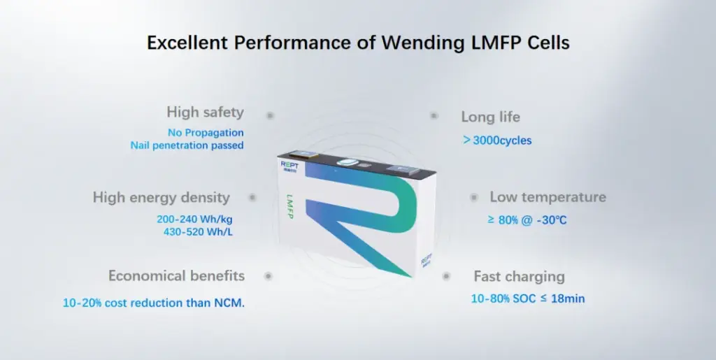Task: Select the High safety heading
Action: pyautogui.click(x=205, y=112)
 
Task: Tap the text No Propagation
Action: pyautogui.click(x=206, y=132)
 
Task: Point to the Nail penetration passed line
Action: pyautogui.click(x=187, y=145)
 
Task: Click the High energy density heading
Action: pyautogui.click(x=161, y=198)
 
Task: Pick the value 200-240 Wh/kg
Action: pyautogui.click(x=194, y=219)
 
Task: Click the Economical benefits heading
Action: pyautogui.click(x=176, y=275)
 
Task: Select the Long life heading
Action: pyautogui.click(x=490, y=117)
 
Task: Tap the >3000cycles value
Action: pyautogui.click(x=497, y=140)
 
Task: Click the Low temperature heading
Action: pyautogui.click(x=547, y=197)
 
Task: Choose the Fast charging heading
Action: pyautogui.click(x=519, y=277)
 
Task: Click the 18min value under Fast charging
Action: pyautogui.click(x=568, y=299)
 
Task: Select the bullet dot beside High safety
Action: pyautogui.click(x=270, y=115)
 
